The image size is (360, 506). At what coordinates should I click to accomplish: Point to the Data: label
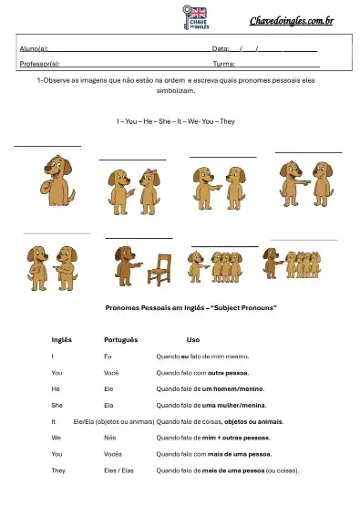(x=220, y=48)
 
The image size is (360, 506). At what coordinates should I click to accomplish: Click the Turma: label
(x=224, y=65)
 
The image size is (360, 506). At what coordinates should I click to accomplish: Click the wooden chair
(x=160, y=269)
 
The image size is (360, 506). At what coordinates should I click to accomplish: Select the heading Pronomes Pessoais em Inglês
(x=191, y=308)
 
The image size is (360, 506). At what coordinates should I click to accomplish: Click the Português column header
(x=121, y=339)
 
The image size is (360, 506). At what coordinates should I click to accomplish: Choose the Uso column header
(x=192, y=339)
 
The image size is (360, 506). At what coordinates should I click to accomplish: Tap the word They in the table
(x=58, y=470)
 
